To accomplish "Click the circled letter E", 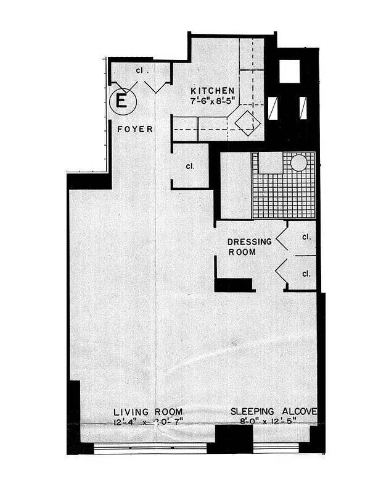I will point(121,101).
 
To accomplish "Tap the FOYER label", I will point(135,129).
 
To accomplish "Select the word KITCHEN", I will point(212,90).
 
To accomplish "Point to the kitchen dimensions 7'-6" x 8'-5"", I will point(212,101).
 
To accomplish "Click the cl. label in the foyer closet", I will point(140,71).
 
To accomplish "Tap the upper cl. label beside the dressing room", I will point(306,237).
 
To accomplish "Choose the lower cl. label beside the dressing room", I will point(306,273).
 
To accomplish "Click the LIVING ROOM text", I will point(148,412).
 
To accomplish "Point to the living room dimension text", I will point(148,422).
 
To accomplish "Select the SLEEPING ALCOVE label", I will point(274,412).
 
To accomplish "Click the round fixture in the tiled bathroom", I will point(299,162).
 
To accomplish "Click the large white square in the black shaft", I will point(289,71).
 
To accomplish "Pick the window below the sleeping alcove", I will point(281,448).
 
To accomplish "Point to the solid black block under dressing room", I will point(234,285).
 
